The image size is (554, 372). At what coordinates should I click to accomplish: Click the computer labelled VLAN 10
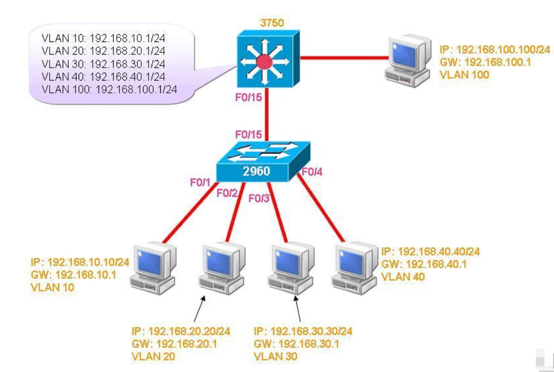click(x=153, y=269)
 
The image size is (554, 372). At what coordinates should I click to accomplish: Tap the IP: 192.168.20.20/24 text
click(x=180, y=331)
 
